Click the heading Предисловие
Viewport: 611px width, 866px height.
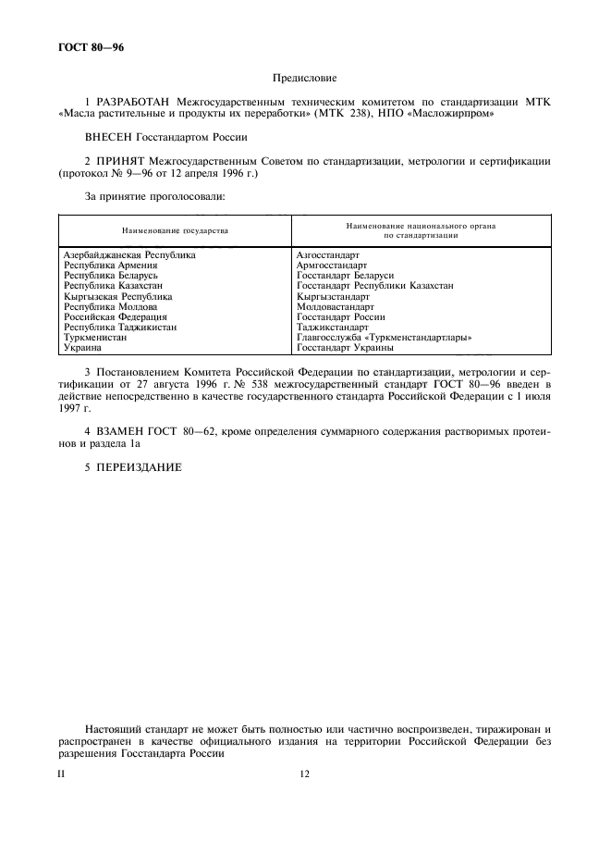coord(304,80)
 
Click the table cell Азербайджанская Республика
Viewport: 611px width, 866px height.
coord(129,255)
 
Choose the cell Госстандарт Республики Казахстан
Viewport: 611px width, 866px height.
coord(374,286)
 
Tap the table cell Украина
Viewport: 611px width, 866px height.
coord(82,348)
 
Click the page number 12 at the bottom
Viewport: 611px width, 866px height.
coord(304,773)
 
